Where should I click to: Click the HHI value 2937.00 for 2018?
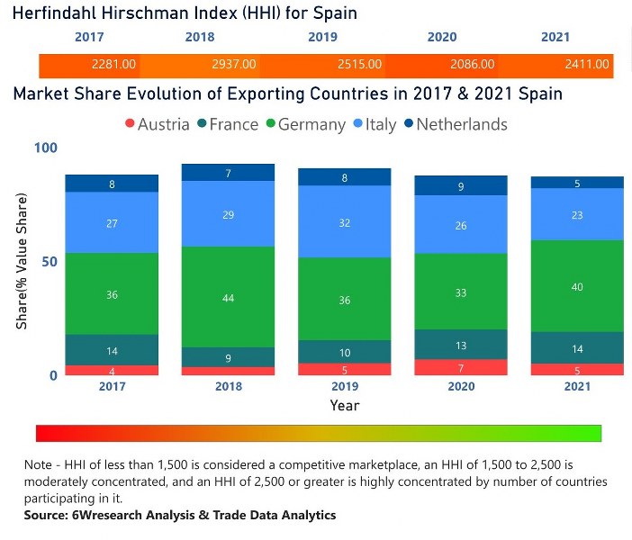pyautogui.click(x=232, y=65)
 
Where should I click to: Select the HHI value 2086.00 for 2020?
pyautogui.click(x=473, y=65)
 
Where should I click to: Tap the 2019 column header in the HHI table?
pyautogui.click(x=322, y=38)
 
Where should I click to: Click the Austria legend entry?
pyautogui.click(x=157, y=124)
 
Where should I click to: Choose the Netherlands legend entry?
pyautogui.click(x=455, y=124)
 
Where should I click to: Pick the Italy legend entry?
pyautogui.click(x=375, y=124)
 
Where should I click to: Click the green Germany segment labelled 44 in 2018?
pyautogui.click(x=229, y=297)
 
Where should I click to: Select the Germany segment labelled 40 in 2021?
pyautogui.click(x=577, y=286)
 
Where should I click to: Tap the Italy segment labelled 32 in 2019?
pyautogui.click(x=345, y=222)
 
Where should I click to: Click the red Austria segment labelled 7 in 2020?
pyautogui.click(x=461, y=367)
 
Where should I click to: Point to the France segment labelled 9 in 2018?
pyautogui.click(x=229, y=357)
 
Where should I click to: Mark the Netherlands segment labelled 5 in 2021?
pyautogui.click(x=577, y=183)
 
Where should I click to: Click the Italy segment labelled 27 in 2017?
pyautogui.click(x=112, y=222)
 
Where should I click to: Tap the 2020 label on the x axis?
pyautogui.click(x=461, y=386)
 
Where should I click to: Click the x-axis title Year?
pyautogui.click(x=344, y=405)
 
